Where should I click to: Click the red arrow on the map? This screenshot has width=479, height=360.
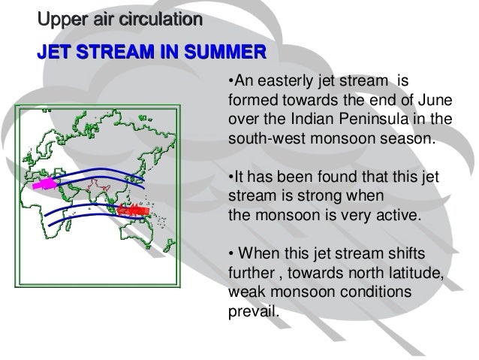click(x=134, y=210)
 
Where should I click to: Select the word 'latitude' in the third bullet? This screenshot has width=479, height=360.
click(x=415, y=276)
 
